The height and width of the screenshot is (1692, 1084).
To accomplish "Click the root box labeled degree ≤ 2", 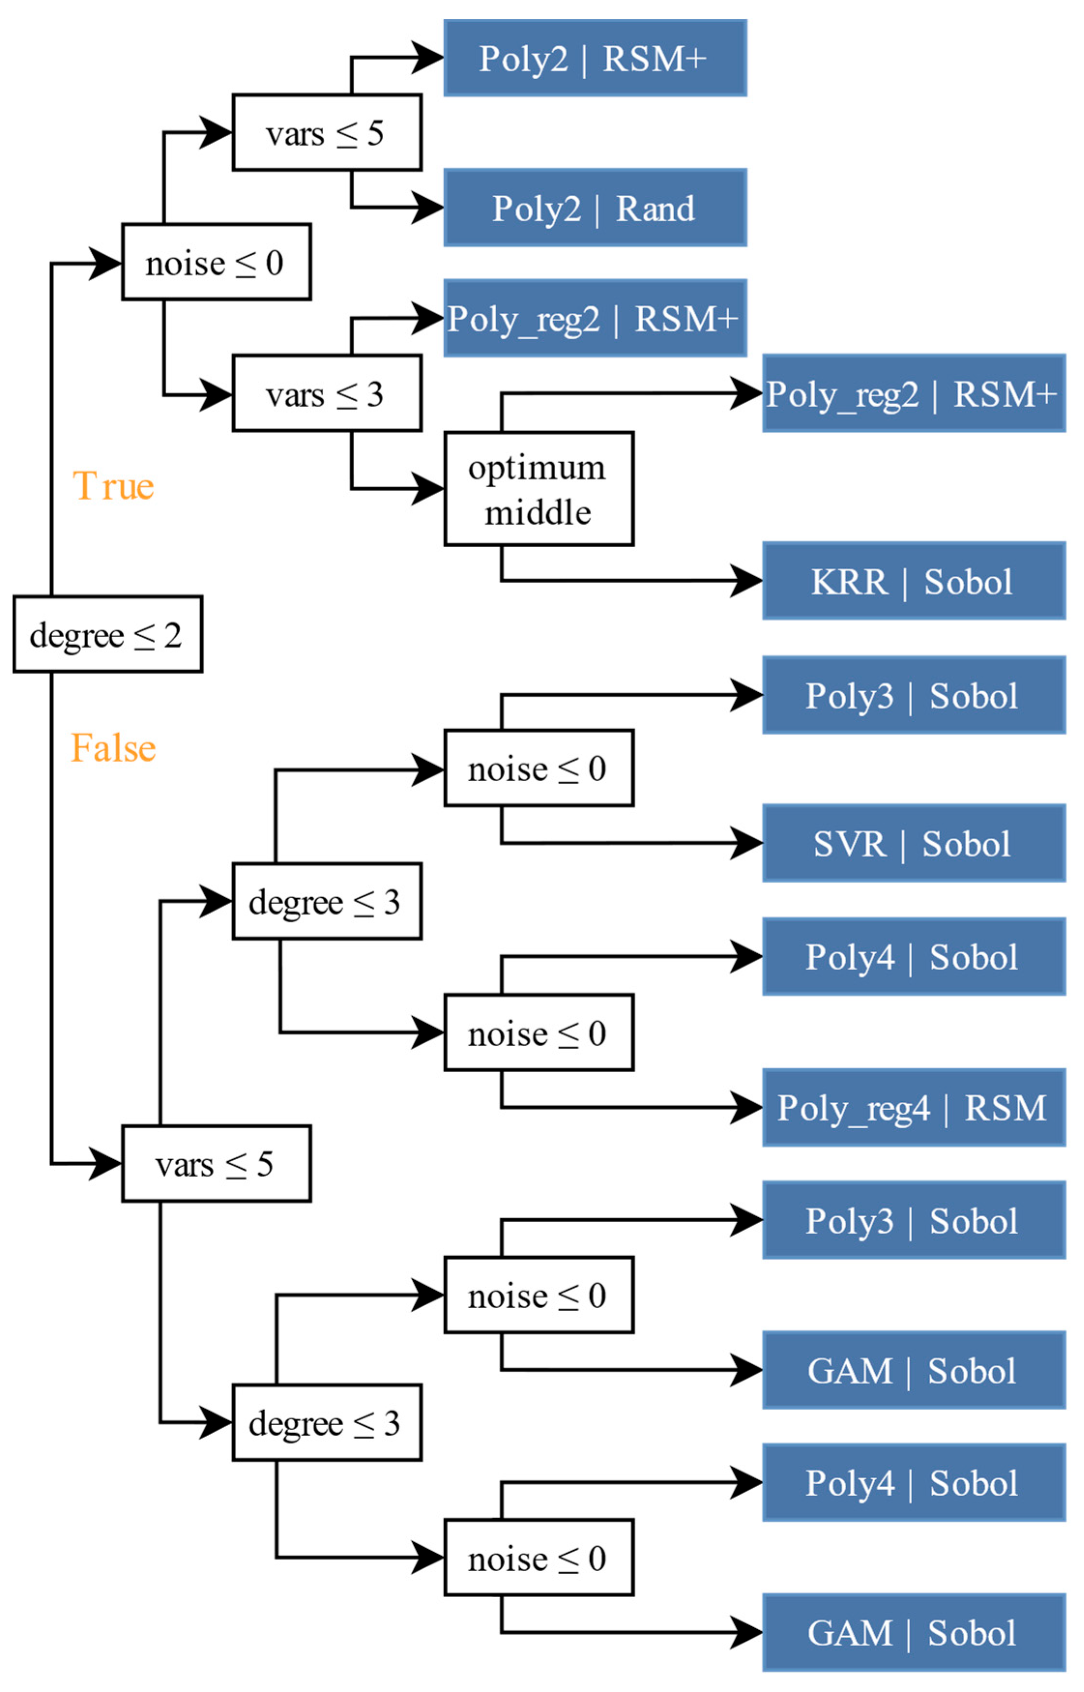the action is (x=108, y=634).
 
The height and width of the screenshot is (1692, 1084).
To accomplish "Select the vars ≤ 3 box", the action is (x=327, y=394).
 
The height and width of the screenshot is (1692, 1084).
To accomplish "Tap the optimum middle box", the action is (x=539, y=489).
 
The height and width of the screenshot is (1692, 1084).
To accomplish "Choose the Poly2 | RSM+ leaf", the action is (x=595, y=58).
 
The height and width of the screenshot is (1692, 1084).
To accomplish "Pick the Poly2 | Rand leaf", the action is (x=595, y=208).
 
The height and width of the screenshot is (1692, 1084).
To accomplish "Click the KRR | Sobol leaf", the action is (x=914, y=581).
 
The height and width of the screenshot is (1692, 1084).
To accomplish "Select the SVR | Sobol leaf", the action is (x=914, y=843).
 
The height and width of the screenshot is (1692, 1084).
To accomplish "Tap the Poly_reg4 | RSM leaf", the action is (x=914, y=1108).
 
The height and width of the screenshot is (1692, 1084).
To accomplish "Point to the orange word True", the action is (x=113, y=486).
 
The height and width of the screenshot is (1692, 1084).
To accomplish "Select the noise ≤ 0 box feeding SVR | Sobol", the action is (x=539, y=768).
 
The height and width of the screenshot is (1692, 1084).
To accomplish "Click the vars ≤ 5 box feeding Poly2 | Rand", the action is (x=327, y=132).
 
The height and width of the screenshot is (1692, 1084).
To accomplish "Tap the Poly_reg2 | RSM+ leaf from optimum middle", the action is (x=914, y=394).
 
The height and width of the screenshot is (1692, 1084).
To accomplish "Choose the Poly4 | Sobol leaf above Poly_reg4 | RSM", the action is (x=914, y=956).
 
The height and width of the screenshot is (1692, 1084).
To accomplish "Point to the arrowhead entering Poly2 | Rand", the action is (x=428, y=208).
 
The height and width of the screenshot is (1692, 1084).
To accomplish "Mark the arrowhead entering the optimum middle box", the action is (x=428, y=489).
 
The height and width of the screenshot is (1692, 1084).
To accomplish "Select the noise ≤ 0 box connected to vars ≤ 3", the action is (x=216, y=263).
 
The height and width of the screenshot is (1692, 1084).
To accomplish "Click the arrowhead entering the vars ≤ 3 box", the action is (x=216, y=394).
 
